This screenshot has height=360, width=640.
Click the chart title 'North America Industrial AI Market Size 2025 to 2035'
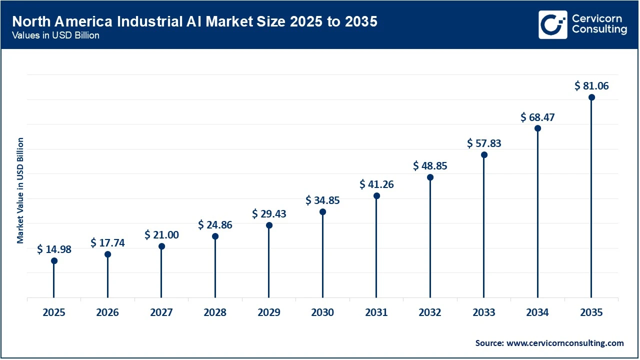point(194,22)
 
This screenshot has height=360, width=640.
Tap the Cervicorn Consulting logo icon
point(552,24)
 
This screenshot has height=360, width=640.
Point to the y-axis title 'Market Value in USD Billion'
point(20,190)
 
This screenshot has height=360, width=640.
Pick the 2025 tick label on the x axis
point(54,312)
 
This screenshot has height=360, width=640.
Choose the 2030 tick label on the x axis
point(322,312)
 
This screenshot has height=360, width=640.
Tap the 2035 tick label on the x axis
point(591,312)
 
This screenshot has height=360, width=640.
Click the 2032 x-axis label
point(430,312)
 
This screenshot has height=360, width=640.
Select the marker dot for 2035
point(591,97)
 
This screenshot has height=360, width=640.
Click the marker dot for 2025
point(54,260)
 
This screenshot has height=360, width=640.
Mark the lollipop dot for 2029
point(269,225)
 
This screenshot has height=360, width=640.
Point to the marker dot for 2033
point(484,154)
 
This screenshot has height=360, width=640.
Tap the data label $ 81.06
point(591,86)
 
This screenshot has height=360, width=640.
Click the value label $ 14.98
point(54,249)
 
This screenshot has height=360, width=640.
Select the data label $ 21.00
point(161,234)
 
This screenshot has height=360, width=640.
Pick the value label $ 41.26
point(376,184)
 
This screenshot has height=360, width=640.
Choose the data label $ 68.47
point(537,117)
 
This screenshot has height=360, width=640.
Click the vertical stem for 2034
point(537,215)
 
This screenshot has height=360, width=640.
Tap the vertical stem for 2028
point(215,267)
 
